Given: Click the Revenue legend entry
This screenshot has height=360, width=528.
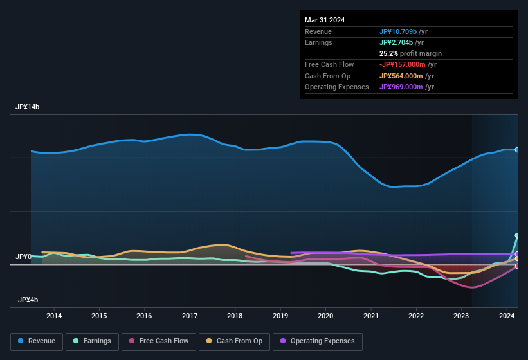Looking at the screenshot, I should tap(37, 341).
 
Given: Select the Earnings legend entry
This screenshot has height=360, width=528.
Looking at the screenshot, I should tap(93, 341).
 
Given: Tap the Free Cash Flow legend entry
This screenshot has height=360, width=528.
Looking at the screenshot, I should tap(159, 341).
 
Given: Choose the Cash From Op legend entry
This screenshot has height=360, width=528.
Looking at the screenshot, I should tap(234, 341).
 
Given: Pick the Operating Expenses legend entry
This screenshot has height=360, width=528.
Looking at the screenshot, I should tap(317, 341).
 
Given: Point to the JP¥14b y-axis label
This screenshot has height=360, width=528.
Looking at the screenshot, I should tap(27, 107).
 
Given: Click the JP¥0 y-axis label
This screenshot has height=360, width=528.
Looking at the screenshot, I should tap(23, 256).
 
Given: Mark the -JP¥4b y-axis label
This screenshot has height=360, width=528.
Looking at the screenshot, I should tap(27, 300).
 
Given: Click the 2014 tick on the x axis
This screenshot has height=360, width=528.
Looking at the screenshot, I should tap(54, 316).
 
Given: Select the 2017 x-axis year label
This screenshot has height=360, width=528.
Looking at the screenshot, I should tap(190, 316).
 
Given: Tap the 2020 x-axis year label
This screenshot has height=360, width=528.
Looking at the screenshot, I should tap(325, 316).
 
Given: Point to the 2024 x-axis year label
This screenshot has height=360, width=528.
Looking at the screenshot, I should tap(507, 316).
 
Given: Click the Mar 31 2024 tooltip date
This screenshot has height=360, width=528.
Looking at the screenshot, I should tap(325, 20).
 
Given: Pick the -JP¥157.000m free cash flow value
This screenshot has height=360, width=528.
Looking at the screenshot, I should tap(408, 64).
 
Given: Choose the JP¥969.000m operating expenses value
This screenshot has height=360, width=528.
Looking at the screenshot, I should tap(406, 87).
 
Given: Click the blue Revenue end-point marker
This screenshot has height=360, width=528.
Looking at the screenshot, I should tap(517, 150).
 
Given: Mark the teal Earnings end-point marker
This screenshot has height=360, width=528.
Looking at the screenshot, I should tap(517, 236).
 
